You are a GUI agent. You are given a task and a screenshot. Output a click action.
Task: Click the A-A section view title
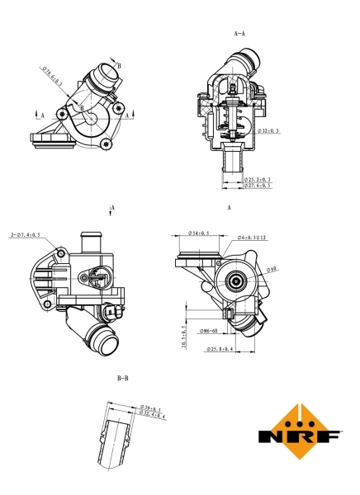(240, 34)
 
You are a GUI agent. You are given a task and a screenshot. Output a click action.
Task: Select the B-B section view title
(122, 379)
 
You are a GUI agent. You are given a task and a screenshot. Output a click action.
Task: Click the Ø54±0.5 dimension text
(198, 233)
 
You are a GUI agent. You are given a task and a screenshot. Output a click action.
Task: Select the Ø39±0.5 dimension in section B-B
(153, 407)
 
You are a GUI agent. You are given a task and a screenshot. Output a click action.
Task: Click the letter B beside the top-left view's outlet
(120, 65)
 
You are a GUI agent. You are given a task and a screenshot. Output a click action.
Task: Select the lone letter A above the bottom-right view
(228, 207)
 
